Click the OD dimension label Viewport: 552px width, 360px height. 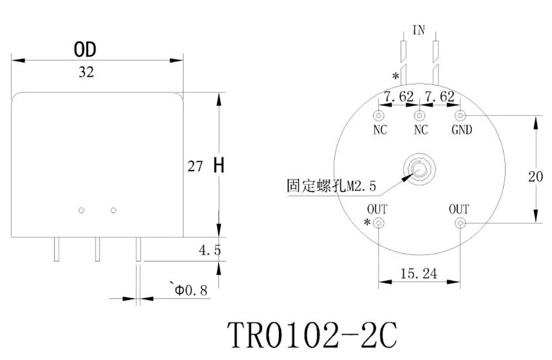coord(86,50)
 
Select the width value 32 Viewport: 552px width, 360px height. coord(86,72)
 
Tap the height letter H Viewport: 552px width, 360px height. coord(219,166)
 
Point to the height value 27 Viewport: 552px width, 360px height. coord(195,166)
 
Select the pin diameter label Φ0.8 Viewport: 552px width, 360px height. coord(191,289)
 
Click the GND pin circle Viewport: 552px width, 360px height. coord(461,115)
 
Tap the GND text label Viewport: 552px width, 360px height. coord(462,131)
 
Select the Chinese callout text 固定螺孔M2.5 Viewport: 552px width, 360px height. coord(331,186)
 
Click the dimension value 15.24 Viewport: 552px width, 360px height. coord(420,273)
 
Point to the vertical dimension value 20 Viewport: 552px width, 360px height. coord(535,177)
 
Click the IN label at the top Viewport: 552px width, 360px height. coord(420,30)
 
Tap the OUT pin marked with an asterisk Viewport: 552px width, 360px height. coord(379,223)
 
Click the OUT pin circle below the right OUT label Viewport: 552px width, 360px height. coord(461,223)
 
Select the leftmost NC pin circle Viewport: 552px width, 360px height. coord(379,116)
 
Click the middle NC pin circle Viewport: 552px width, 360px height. coord(420,116)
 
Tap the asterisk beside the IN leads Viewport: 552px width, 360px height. coord(395,76)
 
